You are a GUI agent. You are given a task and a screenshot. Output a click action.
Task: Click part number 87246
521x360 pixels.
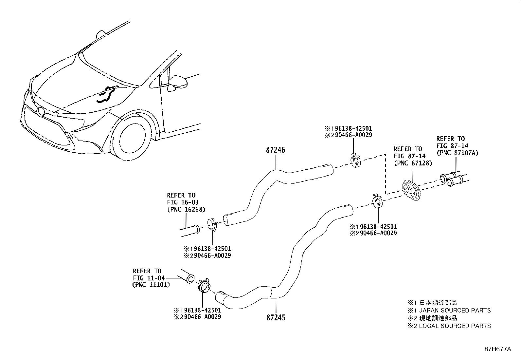(275, 150)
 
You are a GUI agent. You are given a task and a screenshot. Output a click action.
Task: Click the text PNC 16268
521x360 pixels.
(186, 209)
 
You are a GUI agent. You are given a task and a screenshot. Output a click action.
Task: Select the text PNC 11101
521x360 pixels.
(151, 285)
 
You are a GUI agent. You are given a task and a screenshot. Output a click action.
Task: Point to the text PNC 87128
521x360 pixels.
(413, 163)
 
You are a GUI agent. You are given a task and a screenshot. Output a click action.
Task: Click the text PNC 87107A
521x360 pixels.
(457, 153)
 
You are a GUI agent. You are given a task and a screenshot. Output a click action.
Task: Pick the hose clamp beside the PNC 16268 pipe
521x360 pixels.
(213, 225)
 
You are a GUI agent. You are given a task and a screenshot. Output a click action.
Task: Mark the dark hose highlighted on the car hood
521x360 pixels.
(105, 95)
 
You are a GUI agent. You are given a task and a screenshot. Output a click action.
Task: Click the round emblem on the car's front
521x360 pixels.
(41, 112)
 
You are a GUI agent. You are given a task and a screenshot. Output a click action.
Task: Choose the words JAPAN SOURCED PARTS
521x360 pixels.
(455, 311)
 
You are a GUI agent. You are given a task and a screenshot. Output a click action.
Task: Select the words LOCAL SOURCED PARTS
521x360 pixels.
(455, 326)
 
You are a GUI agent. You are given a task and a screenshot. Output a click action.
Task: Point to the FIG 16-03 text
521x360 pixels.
(182, 202)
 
